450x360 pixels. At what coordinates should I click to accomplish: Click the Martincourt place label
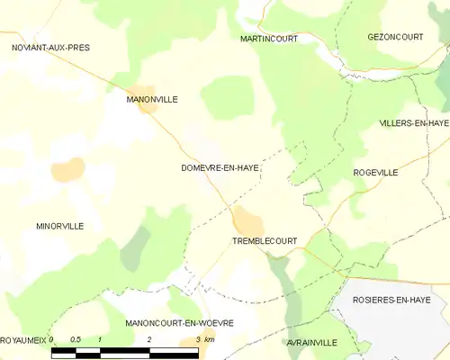[x=269, y=39]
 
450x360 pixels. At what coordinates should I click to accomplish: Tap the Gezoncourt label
[x=396, y=37]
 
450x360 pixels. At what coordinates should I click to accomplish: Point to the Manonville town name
[x=152, y=99]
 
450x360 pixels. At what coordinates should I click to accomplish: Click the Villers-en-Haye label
[x=413, y=122]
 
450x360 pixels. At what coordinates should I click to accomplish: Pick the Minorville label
[x=60, y=226]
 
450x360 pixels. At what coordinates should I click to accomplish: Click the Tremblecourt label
[x=265, y=242]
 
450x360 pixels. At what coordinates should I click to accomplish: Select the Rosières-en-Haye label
[x=399, y=299]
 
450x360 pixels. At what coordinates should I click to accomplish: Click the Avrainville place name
[x=312, y=343]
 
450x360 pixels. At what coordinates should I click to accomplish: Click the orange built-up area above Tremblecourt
[x=247, y=220]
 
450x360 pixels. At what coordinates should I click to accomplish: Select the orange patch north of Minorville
[x=68, y=168]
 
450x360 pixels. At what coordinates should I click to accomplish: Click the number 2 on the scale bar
[x=148, y=339]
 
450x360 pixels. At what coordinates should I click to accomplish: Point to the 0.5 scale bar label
[x=76, y=339]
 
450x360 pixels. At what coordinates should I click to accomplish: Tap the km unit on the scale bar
[x=210, y=339]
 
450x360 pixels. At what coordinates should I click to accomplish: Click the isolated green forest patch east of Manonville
[x=226, y=95]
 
